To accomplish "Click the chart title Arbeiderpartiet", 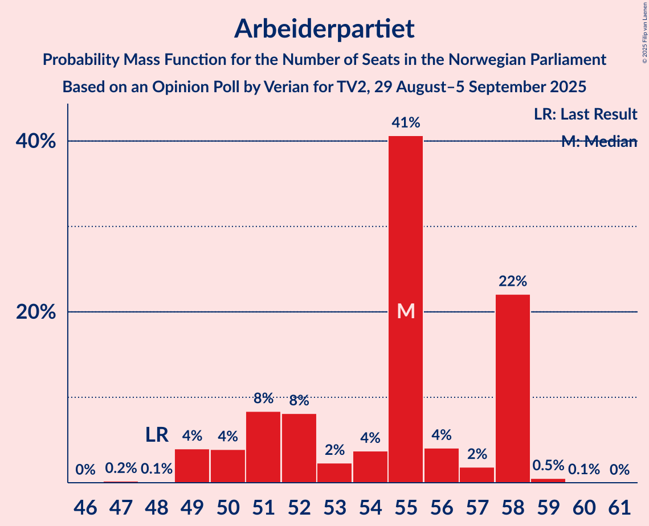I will pos(324,28).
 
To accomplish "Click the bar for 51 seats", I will pos(263,447).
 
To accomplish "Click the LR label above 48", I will pos(157,435).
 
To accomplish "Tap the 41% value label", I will pos(406,122).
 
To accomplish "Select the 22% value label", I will pos(513,281).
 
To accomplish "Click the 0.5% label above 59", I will pos(548,465).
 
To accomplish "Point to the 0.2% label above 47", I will pos(121,469).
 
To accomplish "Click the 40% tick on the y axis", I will pos(36,141).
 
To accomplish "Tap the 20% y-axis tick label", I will pos(36,312).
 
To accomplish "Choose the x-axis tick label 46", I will pos(85,506).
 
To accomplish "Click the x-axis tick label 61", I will pos(619,506).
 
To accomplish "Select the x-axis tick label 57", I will pos(477,506).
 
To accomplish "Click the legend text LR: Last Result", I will pos(585,114).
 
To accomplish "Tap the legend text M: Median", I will pos(598,142).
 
